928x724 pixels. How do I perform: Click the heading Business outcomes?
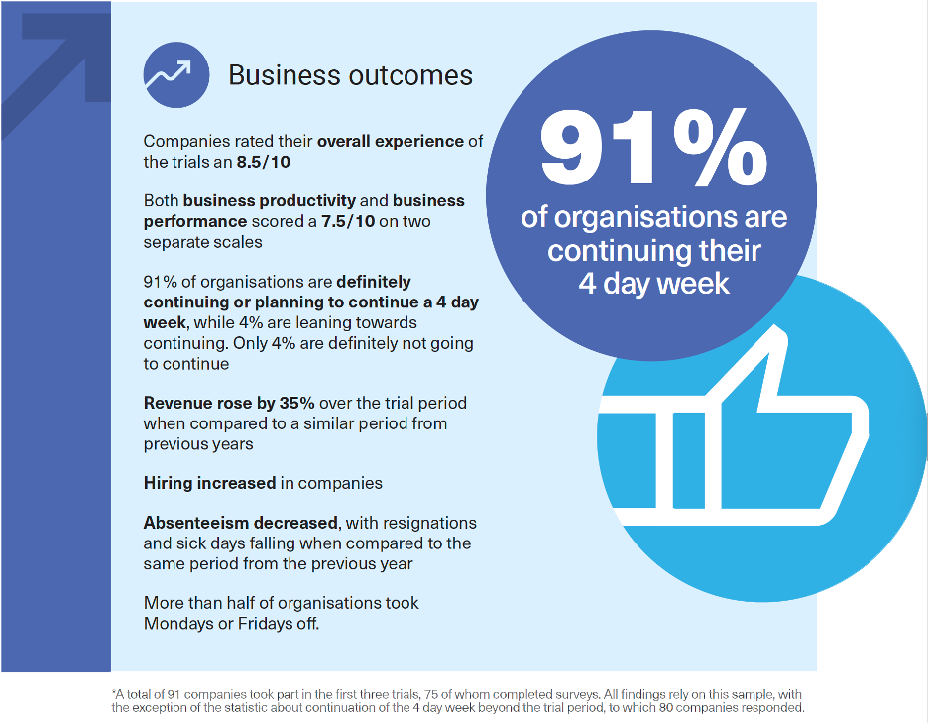pyautogui.click(x=350, y=75)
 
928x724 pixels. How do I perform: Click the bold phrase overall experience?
pyautogui.click(x=390, y=141)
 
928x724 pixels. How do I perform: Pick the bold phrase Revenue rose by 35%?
pyautogui.click(x=229, y=404)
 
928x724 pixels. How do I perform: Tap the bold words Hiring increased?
pyautogui.click(x=209, y=483)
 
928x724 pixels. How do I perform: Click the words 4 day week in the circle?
pyautogui.click(x=654, y=283)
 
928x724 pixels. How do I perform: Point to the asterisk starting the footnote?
pyautogui.click(x=114, y=694)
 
